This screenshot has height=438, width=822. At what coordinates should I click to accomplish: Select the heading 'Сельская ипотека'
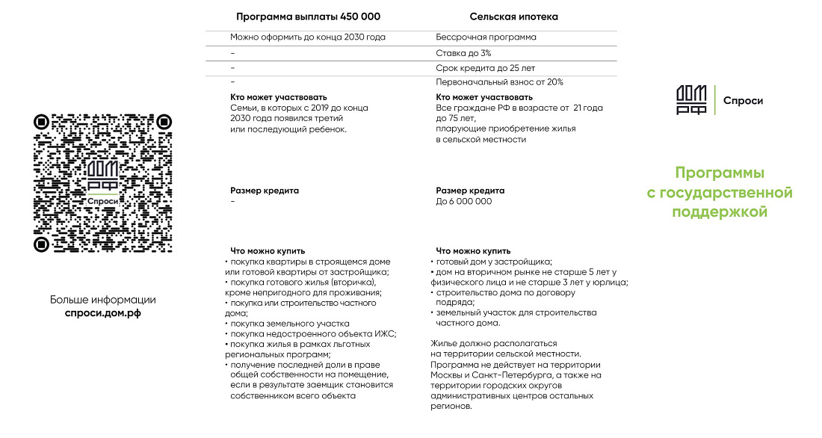point(513,16)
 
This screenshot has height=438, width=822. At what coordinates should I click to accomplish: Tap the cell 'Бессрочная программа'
point(486,37)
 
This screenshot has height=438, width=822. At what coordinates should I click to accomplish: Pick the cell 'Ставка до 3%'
point(463,53)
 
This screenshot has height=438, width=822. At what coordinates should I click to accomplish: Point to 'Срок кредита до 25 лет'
point(485,68)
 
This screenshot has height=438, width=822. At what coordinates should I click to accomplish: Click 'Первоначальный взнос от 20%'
point(499,82)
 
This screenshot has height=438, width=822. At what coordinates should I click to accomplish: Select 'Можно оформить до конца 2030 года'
point(308,37)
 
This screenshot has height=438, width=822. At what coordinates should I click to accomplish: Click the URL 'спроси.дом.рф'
point(103,313)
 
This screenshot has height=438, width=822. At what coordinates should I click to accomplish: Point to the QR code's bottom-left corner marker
point(42,244)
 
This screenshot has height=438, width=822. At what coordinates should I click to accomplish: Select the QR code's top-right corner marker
point(164,122)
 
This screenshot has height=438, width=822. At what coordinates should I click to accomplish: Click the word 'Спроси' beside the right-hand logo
point(743,101)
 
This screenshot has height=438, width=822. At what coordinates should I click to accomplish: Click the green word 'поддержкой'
point(720,212)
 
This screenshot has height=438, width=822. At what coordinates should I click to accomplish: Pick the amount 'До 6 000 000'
point(464,201)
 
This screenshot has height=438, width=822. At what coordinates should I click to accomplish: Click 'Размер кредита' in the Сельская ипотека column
point(470,191)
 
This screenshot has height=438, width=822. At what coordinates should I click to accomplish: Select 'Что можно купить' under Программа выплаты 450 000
point(268,251)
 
